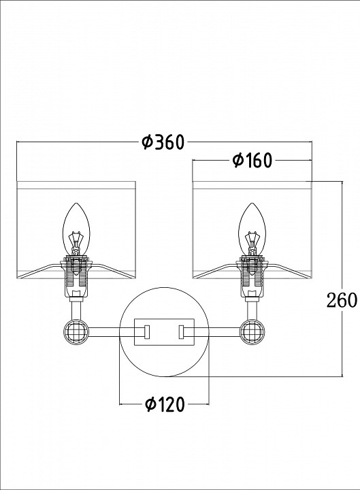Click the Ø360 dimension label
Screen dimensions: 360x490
coord(163,142)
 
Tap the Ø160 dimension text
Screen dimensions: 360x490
coord(252,161)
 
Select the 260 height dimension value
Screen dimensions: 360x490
coord(341,300)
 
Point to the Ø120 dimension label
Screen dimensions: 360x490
coord(165,405)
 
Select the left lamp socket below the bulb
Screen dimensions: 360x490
coord(76,276)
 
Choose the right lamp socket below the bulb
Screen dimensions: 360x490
coord(252,276)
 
